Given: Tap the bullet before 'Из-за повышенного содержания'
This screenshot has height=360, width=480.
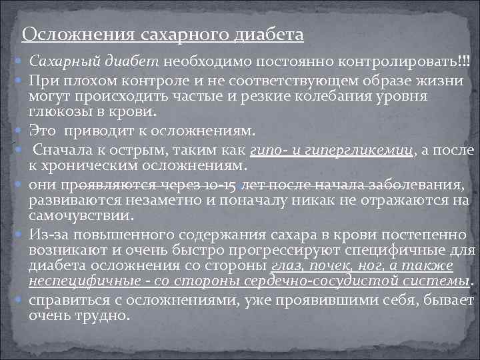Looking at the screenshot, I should [17, 235].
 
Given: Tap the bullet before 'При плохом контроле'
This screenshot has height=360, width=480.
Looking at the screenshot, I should [17, 82].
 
